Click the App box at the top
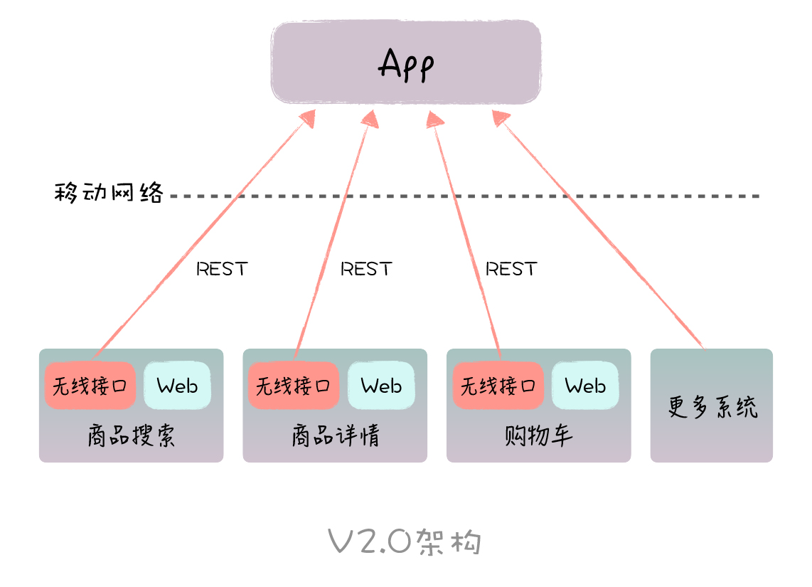(x=406, y=63)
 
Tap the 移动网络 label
(x=109, y=193)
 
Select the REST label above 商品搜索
(x=222, y=269)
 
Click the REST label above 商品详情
(x=366, y=269)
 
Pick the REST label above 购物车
(x=511, y=269)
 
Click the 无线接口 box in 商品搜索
(x=90, y=386)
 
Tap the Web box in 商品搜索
(x=177, y=386)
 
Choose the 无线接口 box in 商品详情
(x=294, y=386)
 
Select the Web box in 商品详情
(x=381, y=386)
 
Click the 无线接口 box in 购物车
(x=498, y=386)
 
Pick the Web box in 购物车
(x=585, y=386)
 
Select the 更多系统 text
(x=712, y=407)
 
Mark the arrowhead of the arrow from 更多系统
(x=501, y=119)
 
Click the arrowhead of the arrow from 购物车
(x=435, y=119)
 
